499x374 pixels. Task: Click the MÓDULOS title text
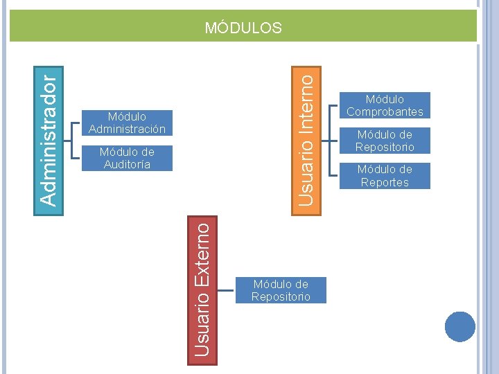click(243, 28)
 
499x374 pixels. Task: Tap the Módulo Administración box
click(127, 123)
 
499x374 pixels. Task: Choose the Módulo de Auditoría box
click(127, 158)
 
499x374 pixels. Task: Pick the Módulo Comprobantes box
click(385, 105)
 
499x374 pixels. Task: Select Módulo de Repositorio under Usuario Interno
click(385, 141)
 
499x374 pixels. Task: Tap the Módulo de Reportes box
click(385, 176)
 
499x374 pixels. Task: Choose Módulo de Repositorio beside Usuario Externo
click(281, 290)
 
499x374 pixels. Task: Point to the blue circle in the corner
click(459, 326)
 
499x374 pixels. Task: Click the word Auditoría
click(127, 164)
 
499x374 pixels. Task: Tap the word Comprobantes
click(385, 112)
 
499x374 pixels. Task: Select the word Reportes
click(385, 183)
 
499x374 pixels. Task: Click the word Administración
click(127, 130)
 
